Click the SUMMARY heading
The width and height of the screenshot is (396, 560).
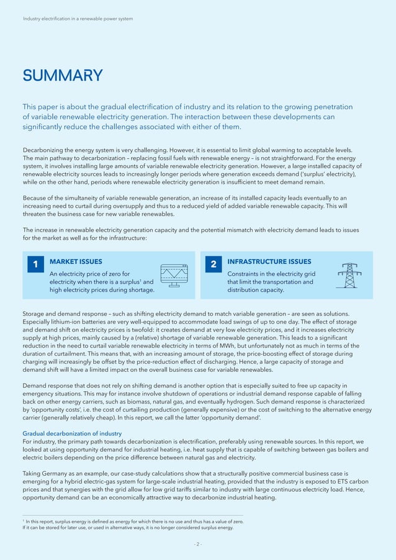[x=63, y=76]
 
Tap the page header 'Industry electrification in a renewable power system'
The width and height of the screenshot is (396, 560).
[x=78, y=19]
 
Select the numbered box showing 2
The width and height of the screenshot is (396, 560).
[x=213, y=264]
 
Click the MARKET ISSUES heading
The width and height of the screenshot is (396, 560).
[x=76, y=262]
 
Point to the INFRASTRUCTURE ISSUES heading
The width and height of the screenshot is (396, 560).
[x=269, y=262]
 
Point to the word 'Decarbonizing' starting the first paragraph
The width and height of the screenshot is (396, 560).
[x=44, y=150]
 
